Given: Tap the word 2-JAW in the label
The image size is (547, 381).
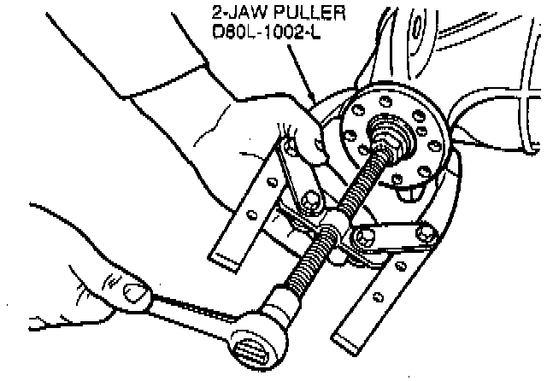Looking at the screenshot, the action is point(229,14).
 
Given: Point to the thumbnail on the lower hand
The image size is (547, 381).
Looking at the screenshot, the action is point(135,293).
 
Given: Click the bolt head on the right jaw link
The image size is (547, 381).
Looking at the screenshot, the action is point(424,229).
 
